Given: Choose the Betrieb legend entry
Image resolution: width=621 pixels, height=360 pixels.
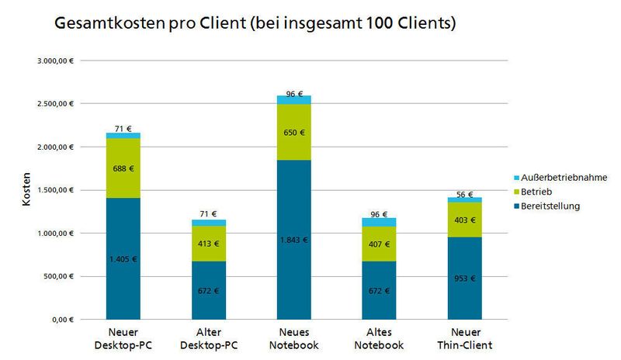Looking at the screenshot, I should point(548,191).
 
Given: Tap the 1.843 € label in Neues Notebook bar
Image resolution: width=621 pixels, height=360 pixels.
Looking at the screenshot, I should point(295,240).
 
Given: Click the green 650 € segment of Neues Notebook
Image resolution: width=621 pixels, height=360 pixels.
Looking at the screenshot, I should point(295,132).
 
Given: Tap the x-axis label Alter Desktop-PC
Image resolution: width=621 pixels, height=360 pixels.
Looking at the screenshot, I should point(208,340).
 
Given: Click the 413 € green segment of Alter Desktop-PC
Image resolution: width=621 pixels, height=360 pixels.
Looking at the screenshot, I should point(208,244).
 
